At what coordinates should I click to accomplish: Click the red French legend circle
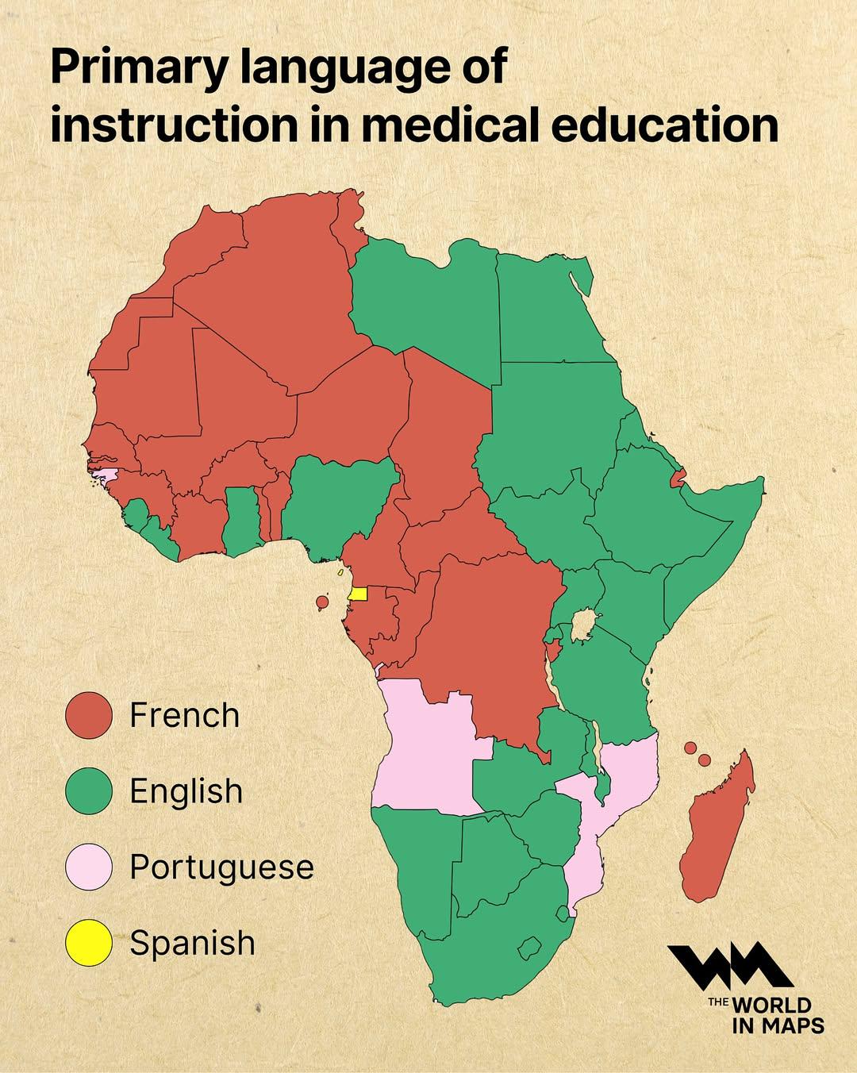point(88,715)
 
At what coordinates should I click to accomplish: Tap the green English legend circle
point(88,791)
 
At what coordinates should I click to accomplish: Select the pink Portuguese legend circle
point(88,867)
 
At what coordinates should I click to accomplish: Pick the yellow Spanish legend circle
point(88,943)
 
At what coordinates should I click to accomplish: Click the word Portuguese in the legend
point(221,867)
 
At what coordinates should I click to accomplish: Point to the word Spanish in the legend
point(192,943)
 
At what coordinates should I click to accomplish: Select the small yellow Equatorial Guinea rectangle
point(359,594)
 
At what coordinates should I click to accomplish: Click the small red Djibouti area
point(677,479)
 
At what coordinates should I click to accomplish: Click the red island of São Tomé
point(322,602)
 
